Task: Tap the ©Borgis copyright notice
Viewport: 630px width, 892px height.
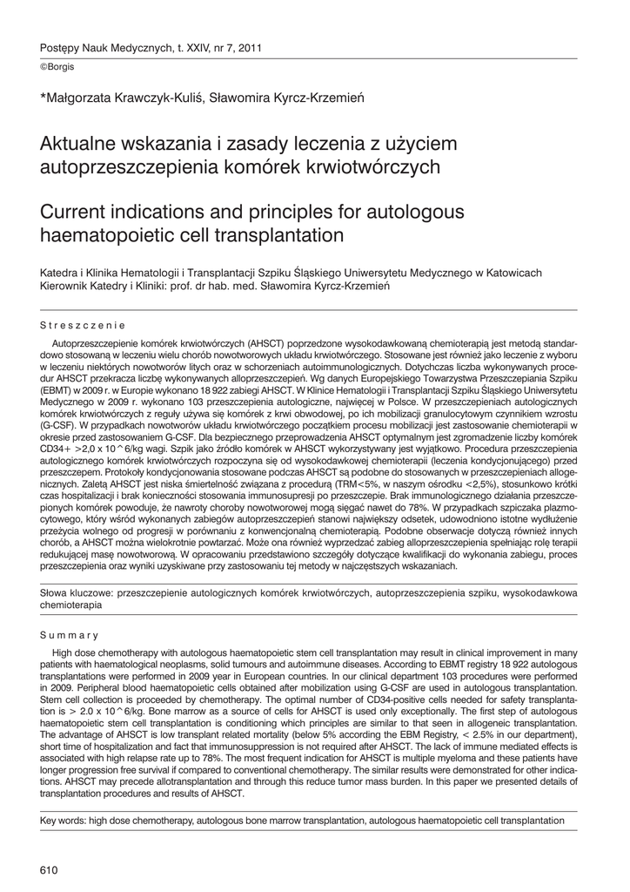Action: click(x=57, y=67)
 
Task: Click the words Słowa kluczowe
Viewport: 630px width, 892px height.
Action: click(x=77, y=592)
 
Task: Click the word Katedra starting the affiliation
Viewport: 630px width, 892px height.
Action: click(x=63, y=273)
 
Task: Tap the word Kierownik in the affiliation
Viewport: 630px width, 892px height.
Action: click(x=69, y=286)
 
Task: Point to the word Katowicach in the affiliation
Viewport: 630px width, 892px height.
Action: click(x=511, y=273)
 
